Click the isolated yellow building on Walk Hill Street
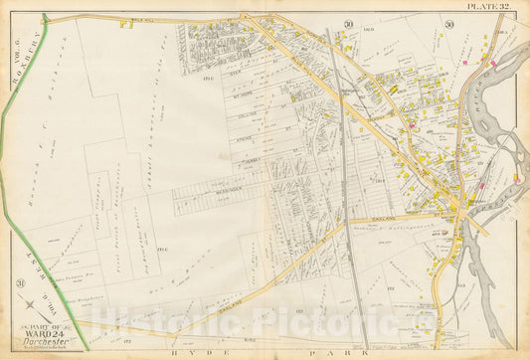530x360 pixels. [x=126, y=23]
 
